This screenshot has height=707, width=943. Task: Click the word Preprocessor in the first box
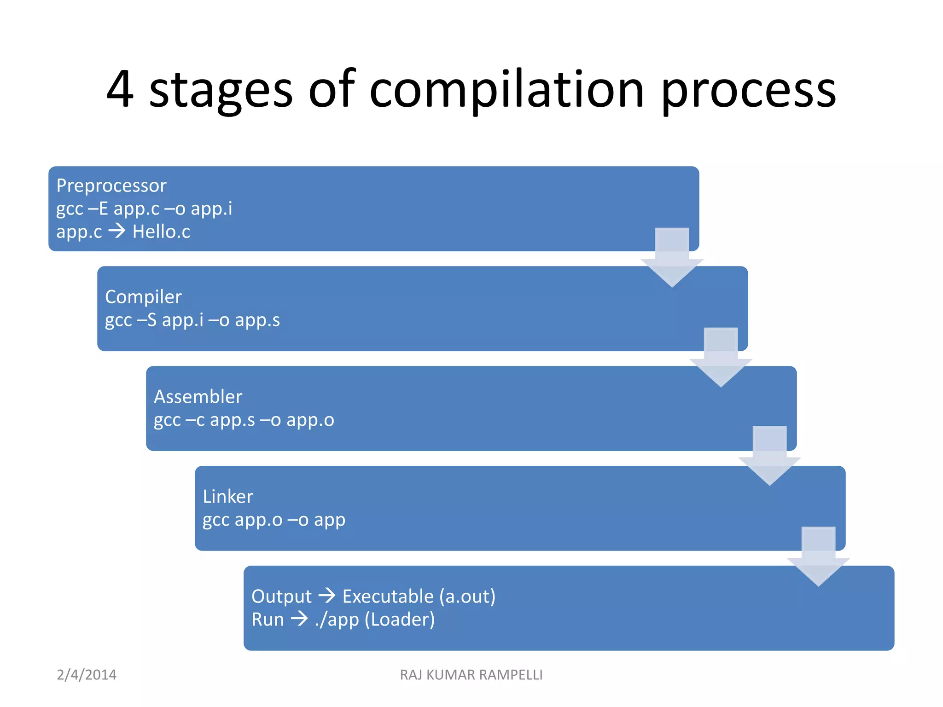click(x=111, y=185)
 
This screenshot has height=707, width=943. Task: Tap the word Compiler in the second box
click(x=143, y=297)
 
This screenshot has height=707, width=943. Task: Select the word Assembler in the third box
click(x=198, y=397)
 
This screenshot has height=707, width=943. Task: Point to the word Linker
click(x=228, y=497)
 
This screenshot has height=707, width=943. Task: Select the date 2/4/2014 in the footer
click(x=87, y=675)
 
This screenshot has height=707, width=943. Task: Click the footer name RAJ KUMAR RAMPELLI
click(x=471, y=675)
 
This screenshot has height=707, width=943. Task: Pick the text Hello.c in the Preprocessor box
click(x=161, y=232)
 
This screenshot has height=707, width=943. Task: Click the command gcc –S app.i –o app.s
click(x=192, y=320)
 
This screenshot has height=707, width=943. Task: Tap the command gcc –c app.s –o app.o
click(x=244, y=420)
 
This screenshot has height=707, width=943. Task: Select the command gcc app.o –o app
click(x=274, y=520)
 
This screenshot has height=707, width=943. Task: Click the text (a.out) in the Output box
click(x=467, y=597)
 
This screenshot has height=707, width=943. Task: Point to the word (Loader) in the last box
click(x=400, y=620)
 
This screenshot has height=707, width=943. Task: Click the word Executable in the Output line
click(x=388, y=597)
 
